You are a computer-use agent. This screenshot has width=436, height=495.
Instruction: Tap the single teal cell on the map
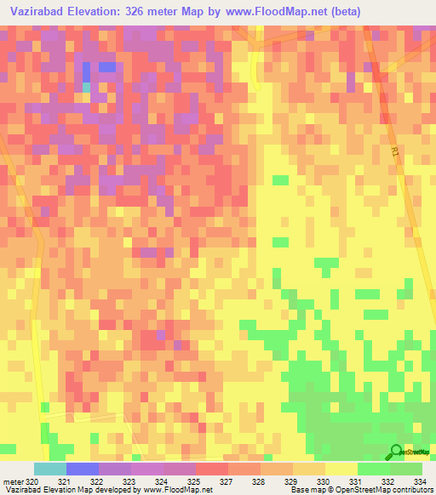click(x=86, y=87)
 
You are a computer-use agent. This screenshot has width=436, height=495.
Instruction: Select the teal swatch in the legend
click(x=49, y=469)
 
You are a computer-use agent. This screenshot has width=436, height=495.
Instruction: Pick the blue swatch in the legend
click(x=82, y=469)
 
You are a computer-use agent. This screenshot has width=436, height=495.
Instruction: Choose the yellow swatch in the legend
click(x=341, y=469)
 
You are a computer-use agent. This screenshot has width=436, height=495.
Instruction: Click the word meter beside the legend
click(x=13, y=482)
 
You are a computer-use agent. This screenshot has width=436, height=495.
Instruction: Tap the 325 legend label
click(x=194, y=482)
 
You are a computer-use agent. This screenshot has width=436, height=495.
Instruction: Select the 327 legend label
click(x=227, y=482)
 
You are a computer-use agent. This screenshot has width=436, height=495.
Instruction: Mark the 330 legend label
click(x=324, y=482)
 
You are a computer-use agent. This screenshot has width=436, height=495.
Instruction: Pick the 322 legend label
click(x=97, y=482)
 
